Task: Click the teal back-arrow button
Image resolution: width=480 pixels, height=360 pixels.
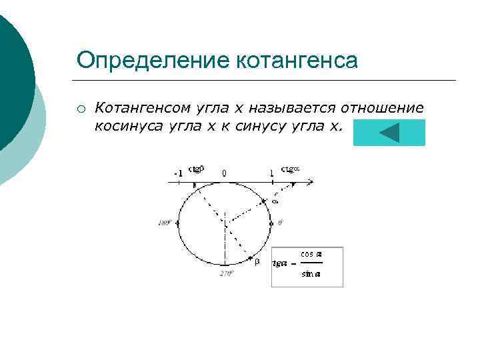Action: tap(389, 133)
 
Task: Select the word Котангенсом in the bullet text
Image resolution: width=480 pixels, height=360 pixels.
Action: tap(141, 107)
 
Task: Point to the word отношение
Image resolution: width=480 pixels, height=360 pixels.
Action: tap(383, 107)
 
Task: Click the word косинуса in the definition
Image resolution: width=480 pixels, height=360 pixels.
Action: tap(123, 126)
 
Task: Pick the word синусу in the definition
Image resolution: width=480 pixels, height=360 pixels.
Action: tap(261, 126)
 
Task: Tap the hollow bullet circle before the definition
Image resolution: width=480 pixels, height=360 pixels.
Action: tap(80, 109)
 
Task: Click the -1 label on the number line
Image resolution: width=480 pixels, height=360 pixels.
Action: tap(178, 173)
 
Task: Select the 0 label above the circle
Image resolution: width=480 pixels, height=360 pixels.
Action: tap(224, 173)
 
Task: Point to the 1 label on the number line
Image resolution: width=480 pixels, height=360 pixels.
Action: tap(271, 173)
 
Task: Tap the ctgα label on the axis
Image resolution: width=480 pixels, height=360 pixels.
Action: tap(291, 169)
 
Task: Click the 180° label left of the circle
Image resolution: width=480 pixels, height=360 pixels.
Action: tap(165, 223)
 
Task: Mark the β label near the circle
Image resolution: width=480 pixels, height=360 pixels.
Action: tap(257, 263)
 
